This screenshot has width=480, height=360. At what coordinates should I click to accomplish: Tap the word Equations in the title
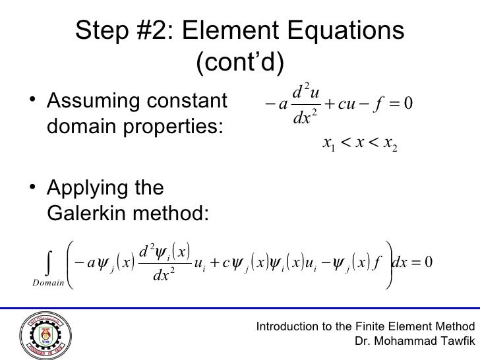click(347, 30)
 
